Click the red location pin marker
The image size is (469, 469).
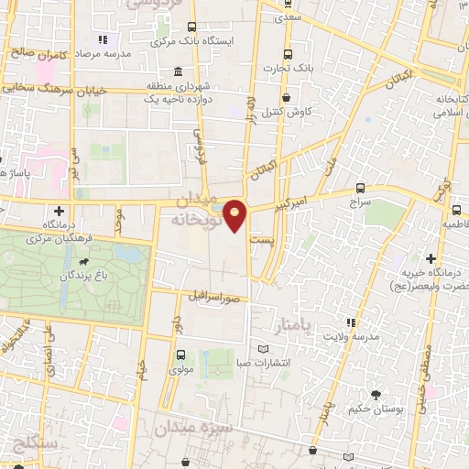pyautogui.click(x=236, y=215)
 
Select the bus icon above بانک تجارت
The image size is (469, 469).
pyautogui.click(x=288, y=53)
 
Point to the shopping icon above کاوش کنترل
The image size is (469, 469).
pyautogui.click(x=286, y=97)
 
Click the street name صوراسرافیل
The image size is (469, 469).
pyautogui.click(x=214, y=298)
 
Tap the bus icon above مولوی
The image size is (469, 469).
pyautogui.click(x=180, y=354)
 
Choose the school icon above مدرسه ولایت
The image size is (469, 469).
pyautogui.click(x=349, y=322)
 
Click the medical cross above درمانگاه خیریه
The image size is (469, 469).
pyautogui.click(x=431, y=259)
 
